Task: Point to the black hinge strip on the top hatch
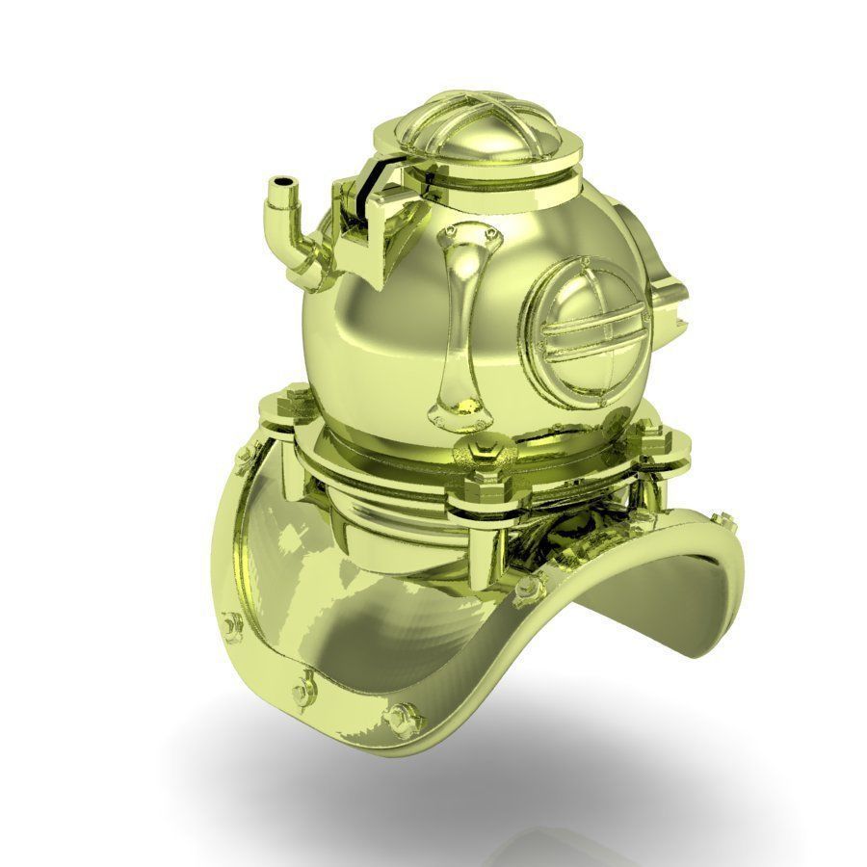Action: point(367,193)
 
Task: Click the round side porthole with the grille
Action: point(584,328)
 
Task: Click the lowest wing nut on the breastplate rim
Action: point(401,718)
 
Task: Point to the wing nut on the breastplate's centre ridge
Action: point(527,586)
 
